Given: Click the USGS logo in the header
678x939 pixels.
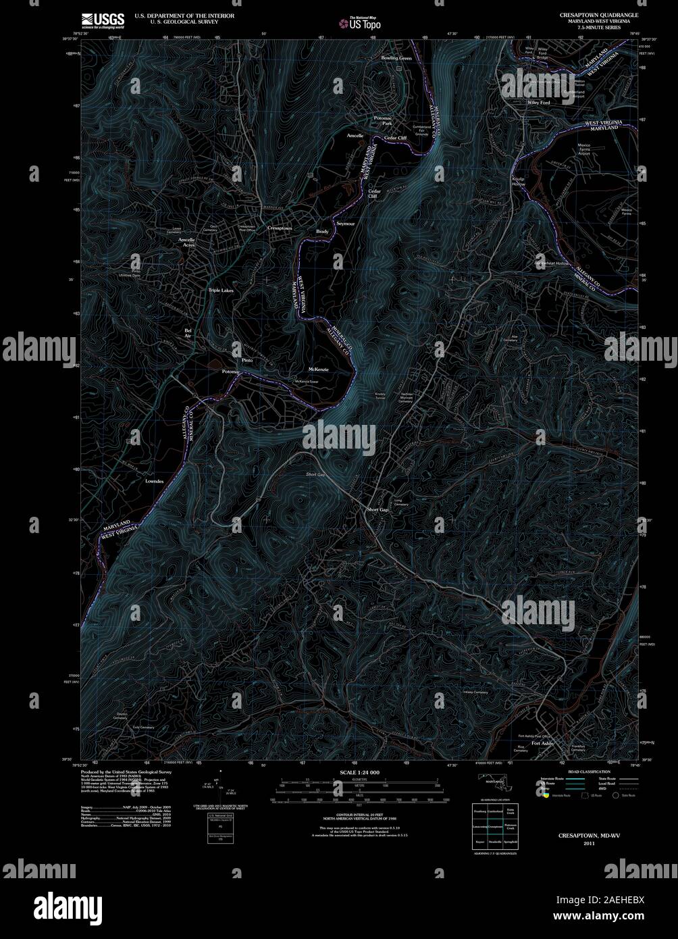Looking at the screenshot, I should (103, 20).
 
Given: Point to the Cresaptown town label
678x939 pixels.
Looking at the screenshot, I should (280, 229).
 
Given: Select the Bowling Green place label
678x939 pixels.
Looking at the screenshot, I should (396, 59).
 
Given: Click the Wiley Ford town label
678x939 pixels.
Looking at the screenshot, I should (538, 102).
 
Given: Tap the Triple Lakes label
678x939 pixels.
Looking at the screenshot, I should (220, 290).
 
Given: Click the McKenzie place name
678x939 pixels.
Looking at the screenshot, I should (318, 368).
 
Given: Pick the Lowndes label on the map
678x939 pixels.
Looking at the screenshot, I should (154, 482).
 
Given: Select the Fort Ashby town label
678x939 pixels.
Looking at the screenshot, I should (542, 743).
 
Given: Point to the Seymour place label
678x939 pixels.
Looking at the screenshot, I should (345, 223).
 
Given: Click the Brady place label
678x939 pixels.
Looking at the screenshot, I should (322, 232).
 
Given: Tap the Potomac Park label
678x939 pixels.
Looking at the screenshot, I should (383, 121).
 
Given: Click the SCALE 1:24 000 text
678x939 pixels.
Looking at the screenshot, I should (359, 771).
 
